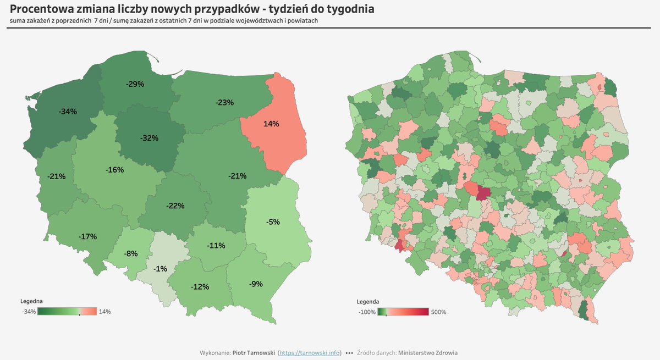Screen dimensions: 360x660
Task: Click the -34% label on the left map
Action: pyautogui.click(x=68, y=111)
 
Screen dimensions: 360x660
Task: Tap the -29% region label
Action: pyautogui.click(x=135, y=84)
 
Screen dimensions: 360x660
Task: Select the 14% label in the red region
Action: pyautogui.click(x=271, y=124)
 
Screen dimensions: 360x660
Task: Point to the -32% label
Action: pyautogui.click(x=149, y=138)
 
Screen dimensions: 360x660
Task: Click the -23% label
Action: pyautogui.click(x=225, y=102)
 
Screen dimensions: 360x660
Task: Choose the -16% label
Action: pyautogui.click(x=114, y=170)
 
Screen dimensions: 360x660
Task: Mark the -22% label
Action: pyautogui.click(x=175, y=206)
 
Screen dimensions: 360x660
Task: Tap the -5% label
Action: pyautogui.click(x=273, y=222)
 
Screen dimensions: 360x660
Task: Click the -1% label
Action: pyautogui.click(x=161, y=268)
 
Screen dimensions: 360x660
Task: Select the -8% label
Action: pyautogui.click(x=131, y=253)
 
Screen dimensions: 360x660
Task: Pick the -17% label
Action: pyautogui.click(x=88, y=236)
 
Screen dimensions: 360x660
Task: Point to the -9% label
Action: pyautogui.click(x=256, y=284)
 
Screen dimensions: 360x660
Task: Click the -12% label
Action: pyautogui.click(x=200, y=287)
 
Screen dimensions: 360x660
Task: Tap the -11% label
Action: pyautogui.click(x=216, y=246)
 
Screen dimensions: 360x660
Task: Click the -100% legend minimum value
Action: pyautogui.click(x=367, y=312)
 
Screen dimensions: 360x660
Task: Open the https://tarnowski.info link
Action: pyautogui.click(x=310, y=352)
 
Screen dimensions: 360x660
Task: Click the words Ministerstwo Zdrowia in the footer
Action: pyautogui.click(x=427, y=352)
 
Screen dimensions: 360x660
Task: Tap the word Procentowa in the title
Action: pyautogui.click(x=44, y=9)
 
